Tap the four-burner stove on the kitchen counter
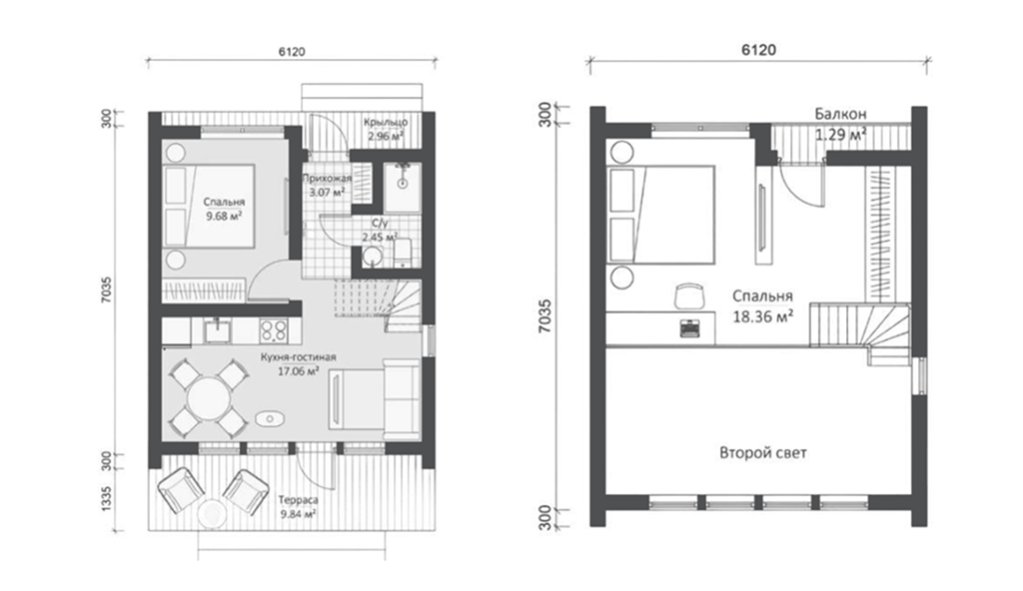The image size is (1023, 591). tap(274, 330)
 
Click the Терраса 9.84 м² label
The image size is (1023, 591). tap(298, 507)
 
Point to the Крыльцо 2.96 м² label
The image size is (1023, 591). tap(386, 129)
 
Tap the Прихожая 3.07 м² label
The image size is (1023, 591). tap(328, 186)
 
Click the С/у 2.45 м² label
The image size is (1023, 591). tap(380, 231)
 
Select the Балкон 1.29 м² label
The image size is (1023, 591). tap(841, 124)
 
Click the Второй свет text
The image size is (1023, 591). tap(762, 452)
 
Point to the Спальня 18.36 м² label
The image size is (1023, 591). tap(762, 305)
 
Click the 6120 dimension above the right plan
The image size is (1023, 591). tap(758, 50)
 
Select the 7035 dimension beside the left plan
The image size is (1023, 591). tap(108, 291)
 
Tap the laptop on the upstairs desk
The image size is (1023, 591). tap(689, 327)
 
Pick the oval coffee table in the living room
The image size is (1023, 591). tap(268, 418)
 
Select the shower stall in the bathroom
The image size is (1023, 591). tap(402, 188)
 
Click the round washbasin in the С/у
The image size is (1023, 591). tap(373, 257)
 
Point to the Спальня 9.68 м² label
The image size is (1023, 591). tap(224, 209)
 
